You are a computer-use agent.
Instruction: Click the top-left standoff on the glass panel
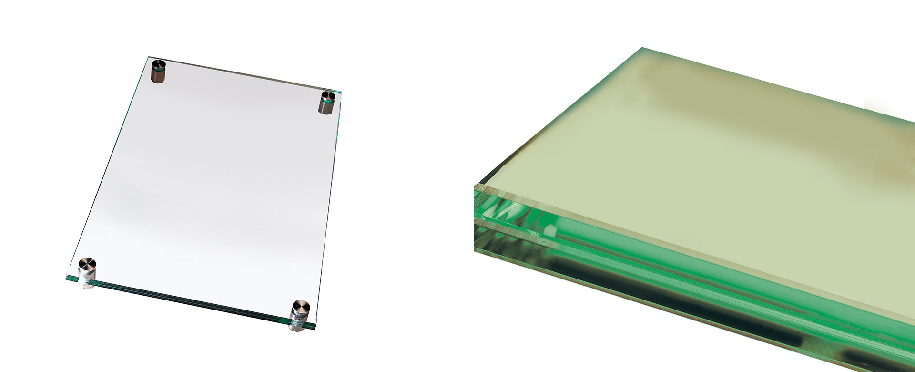pyautogui.click(x=158, y=71)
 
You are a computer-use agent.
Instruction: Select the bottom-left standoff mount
pyautogui.click(x=87, y=274)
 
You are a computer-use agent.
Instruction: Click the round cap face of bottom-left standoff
pyautogui.click(x=87, y=264)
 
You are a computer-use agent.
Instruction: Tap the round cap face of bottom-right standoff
pyautogui.click(x=301, y=307)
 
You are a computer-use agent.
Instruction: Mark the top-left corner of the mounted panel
pyautogui.click(x=145, y=58)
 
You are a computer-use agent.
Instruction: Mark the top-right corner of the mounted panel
pyautogui.click(x=342, y=89)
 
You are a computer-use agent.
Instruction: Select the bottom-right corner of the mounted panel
pyautogui.click(x=316, y=328)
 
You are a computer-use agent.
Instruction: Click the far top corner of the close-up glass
pyautogui.click(x=642, y=48)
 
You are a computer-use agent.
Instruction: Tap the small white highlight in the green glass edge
pyautogui.click(x=550, y=230)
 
